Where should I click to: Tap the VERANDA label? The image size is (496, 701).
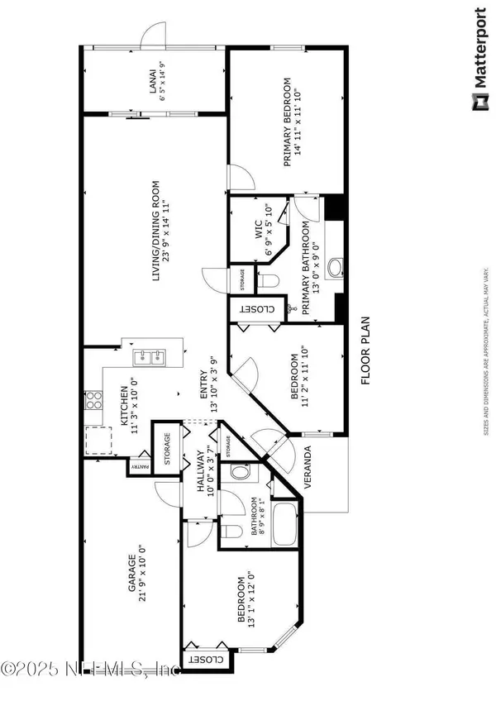pyautogui.click(x=308, y=473)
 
